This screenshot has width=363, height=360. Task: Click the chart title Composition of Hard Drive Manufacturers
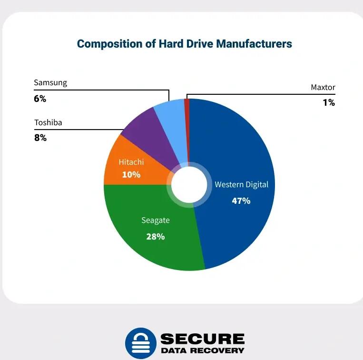(x=184, y=44)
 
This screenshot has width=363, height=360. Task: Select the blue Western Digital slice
(x=238, y=143)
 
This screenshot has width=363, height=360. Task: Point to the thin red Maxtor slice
(x=187, y=107)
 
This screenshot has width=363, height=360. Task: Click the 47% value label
(x=241, y=200)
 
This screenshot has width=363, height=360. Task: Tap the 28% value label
(x=155, y=236)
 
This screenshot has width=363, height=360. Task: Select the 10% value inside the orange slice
(x=131, y=174)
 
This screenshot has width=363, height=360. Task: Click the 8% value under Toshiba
(x=40, y=138)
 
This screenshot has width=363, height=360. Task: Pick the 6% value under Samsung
(x=40, y=99)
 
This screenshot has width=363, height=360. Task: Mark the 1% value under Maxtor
(x=329, y=102)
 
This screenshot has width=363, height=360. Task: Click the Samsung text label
(x=50, y=82)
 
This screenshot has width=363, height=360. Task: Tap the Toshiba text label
(x=48, y=122)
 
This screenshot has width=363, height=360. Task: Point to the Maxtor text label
(x=323, y=87)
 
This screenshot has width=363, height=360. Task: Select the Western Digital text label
(x=241, y=184)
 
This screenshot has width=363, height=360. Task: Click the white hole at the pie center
(x=189, y=185)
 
